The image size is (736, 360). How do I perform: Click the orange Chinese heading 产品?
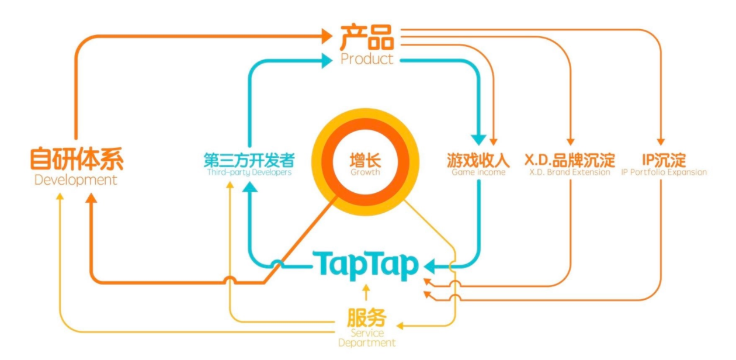pyautogui.click(x=367, y=37)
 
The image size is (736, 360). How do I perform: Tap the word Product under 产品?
pyautogui.click(x=367, y=59)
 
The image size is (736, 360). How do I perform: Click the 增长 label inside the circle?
pyautogui.click(x=364, y=160)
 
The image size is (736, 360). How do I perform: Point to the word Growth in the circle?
pyautogui.click(x=364, y=172)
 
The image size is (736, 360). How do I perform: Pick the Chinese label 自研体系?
pyautogui.click(x=77, y=160)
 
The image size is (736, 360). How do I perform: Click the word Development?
pyautogui.click(x=76, y=180)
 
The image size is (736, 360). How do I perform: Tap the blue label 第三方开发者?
pyautogui.click(x=249, y=160)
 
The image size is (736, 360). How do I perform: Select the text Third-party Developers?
pyautogui.click(x=249, y=173)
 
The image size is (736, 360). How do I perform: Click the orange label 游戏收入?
pyautogui.click(x=478, y=160)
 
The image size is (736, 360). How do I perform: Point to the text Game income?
pyautogui.click(x=478, y=172)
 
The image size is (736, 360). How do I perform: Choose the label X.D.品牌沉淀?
pyautogui.click(x=570, y=160)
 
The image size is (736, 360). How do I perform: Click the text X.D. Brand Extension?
pyautogui.click(x=570, y=172)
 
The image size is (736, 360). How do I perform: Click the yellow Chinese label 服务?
pyautogui.click(x=367, y=319)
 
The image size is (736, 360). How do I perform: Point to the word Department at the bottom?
pyautogui.click(x=367, y=343)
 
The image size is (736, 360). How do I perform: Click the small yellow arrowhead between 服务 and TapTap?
pyautogui.click(x=366, y=289)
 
